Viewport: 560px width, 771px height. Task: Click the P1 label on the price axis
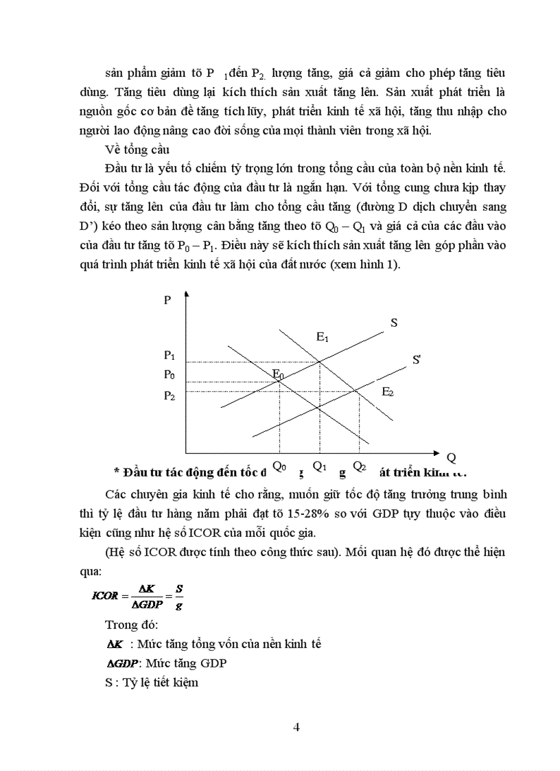coord(170,356)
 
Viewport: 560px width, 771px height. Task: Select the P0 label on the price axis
coord(170,375)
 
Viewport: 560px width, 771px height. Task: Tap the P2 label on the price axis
coord(170,395)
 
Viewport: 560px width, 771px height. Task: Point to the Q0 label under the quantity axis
coord(279,466)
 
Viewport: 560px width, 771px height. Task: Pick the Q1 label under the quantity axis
coord(319,465)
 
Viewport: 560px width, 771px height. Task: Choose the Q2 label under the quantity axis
coord(359,465)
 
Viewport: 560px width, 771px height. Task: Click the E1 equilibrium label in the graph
coord(323,337)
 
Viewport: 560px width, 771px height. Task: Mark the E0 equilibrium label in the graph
coord(278,373)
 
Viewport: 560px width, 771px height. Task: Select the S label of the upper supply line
coord(394,322)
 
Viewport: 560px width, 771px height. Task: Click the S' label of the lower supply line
coord(417,359)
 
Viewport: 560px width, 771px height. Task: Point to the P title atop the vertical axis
coord(167,300)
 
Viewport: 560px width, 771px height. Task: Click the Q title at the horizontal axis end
coord(451,457)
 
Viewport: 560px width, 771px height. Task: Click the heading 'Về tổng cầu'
coord(132,149)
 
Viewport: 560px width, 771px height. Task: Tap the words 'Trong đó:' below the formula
coord(132,624)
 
